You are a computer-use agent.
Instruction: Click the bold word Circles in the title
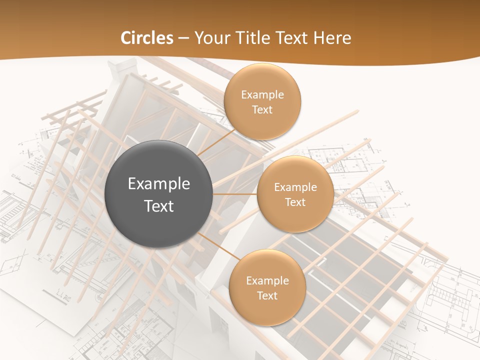147,38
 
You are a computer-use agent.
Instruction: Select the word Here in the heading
332,38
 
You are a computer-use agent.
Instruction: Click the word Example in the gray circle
158,184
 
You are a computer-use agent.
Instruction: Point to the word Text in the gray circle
158,206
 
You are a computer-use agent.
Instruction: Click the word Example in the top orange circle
262,95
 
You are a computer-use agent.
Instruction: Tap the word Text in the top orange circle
262,110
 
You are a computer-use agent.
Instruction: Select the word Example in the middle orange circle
295,187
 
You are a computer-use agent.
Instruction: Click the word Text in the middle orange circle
295,202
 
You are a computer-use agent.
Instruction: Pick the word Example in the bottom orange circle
267,281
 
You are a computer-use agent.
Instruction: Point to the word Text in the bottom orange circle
267,296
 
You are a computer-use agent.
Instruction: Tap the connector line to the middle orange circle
235,193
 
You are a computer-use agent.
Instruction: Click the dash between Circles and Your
183,38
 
